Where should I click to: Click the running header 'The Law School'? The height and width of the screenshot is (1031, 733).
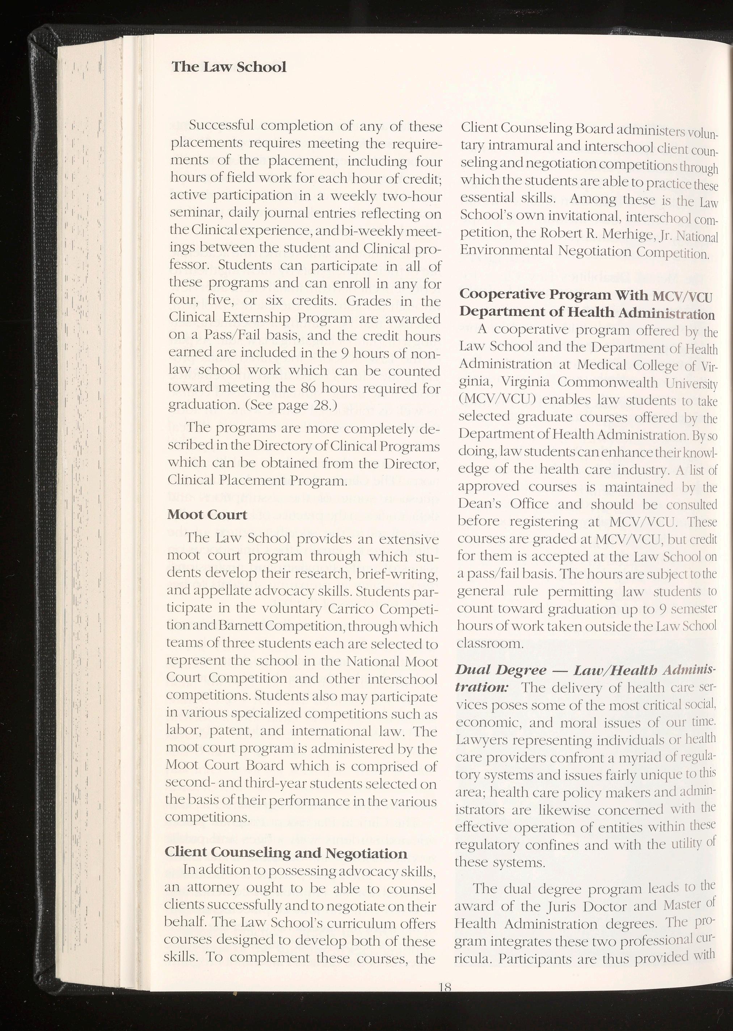point(229,67)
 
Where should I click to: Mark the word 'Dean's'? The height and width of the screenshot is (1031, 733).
point(480,504)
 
